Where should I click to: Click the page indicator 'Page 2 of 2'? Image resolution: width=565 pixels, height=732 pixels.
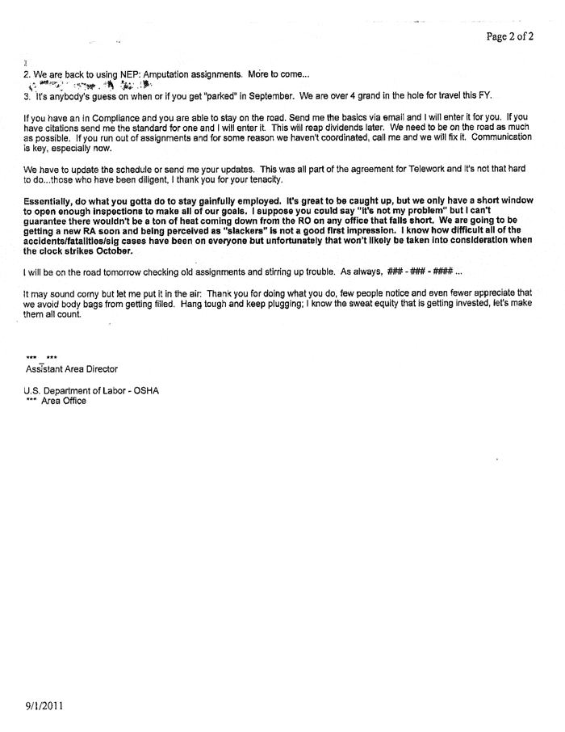click(509, 36)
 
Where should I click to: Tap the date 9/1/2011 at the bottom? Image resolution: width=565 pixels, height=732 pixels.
click(44, 705)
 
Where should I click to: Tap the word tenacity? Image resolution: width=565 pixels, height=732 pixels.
click(262, 180)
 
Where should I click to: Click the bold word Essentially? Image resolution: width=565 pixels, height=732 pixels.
click(54, 200)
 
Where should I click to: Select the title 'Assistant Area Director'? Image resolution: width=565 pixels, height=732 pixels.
click(72, 368)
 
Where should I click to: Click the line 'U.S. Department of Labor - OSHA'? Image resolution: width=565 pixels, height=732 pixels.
click(92, 390)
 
